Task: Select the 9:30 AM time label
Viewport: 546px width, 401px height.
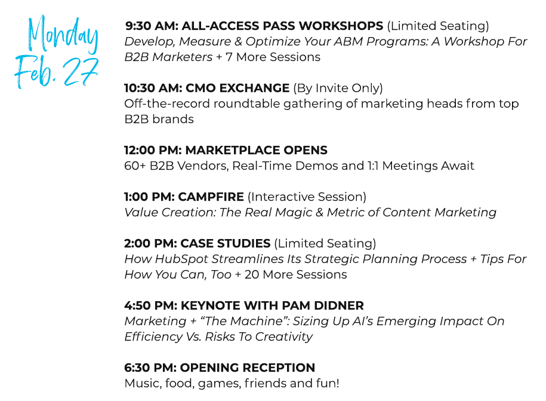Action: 152,26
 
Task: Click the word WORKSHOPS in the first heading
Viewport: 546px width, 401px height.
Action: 341,26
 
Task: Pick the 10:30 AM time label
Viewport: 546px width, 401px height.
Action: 153,88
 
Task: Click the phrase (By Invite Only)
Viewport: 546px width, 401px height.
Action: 338,88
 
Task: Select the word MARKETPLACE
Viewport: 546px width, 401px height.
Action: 233,150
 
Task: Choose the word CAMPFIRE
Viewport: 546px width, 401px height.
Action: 211,197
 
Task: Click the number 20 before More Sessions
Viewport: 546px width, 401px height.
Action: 252,275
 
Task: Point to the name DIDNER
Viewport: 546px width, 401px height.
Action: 339,305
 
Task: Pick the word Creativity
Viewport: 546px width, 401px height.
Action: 284,337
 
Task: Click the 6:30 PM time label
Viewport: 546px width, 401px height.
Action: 150,368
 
